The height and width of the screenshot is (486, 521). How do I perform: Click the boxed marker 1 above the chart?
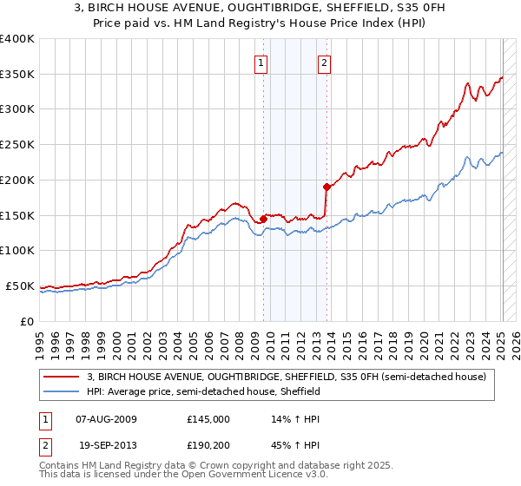click(261, 62)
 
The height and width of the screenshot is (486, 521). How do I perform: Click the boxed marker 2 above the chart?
click(324, 62)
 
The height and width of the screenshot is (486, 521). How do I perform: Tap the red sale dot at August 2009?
click(263, 218)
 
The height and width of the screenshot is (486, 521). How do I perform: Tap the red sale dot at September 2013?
click(326, 187)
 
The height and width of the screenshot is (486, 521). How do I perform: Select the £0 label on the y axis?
click(27, 321)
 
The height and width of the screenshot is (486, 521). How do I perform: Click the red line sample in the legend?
click(63, 377)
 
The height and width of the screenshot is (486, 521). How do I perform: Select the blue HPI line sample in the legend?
click(63, 391)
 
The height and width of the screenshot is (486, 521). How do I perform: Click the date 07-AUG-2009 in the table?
click(107, 419)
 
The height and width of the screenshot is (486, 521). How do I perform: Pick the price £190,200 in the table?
click(208, 443)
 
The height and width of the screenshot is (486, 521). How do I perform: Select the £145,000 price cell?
click(208, 419)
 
